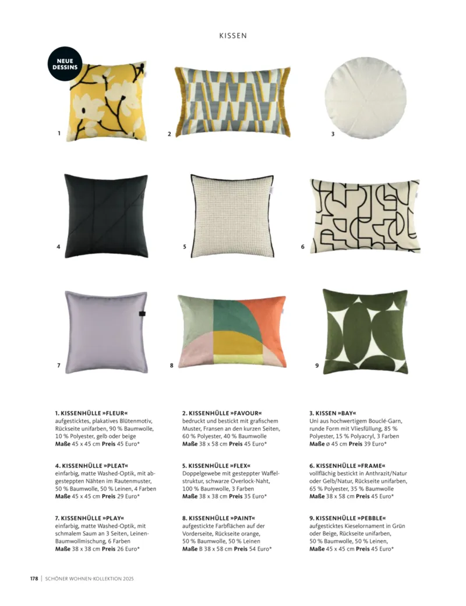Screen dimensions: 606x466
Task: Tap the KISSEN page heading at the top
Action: [x=233, y=36]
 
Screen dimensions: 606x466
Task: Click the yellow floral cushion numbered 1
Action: [x=108, y=103]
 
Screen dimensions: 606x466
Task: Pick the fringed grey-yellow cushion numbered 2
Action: [x=232, y=101]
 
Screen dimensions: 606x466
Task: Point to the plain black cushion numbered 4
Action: [x=105, y=215]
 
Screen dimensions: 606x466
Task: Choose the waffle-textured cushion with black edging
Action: [x=232, y=215]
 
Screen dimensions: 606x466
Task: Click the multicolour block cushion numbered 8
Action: [x=231, y=331]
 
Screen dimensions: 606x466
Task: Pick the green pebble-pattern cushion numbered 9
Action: [x=365, y=331]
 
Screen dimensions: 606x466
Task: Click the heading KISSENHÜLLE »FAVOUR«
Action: [x=221, y=413]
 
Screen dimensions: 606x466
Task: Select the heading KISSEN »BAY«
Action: [x=333, y=413]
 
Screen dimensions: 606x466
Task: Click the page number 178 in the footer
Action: [x=34, y=579]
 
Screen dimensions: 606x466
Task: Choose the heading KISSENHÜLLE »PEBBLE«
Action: [x=348, y=518]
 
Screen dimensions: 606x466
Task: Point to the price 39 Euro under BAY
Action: [x=372, y=444]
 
